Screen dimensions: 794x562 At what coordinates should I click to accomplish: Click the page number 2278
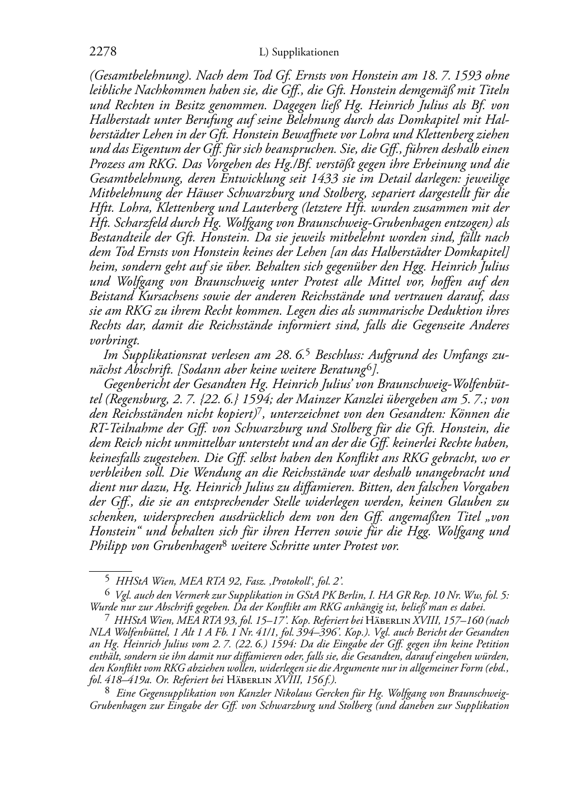(103, 53)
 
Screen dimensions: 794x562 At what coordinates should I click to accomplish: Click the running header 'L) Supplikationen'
(299, 53)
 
